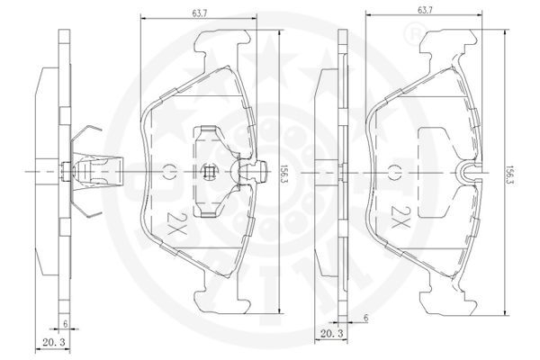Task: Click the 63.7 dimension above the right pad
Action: [x=424, y=10]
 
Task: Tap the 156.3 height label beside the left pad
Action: [x=284, y=171]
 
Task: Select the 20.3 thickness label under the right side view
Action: [x=332, y=334]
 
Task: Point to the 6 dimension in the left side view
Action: [x=65, y=323]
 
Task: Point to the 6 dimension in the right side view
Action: [x=365, y=318]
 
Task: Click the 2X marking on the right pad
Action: [x=400, y=218]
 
